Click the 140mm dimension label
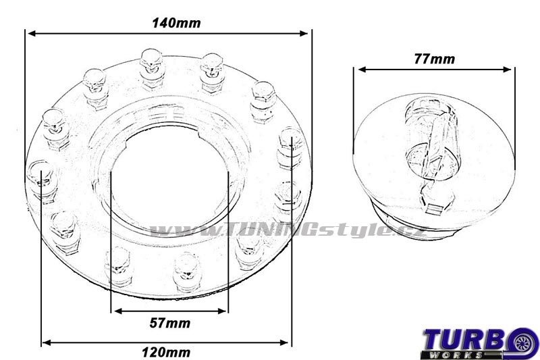point(176,23)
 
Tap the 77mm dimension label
point(434,59)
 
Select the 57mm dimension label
point(170,323)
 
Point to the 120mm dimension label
point(166,353)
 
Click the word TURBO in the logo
point(467,339)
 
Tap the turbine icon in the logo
point(524,342)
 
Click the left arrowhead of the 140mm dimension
point(32,33)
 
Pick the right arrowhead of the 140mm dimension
point(303,33)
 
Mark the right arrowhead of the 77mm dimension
point(507,70)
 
